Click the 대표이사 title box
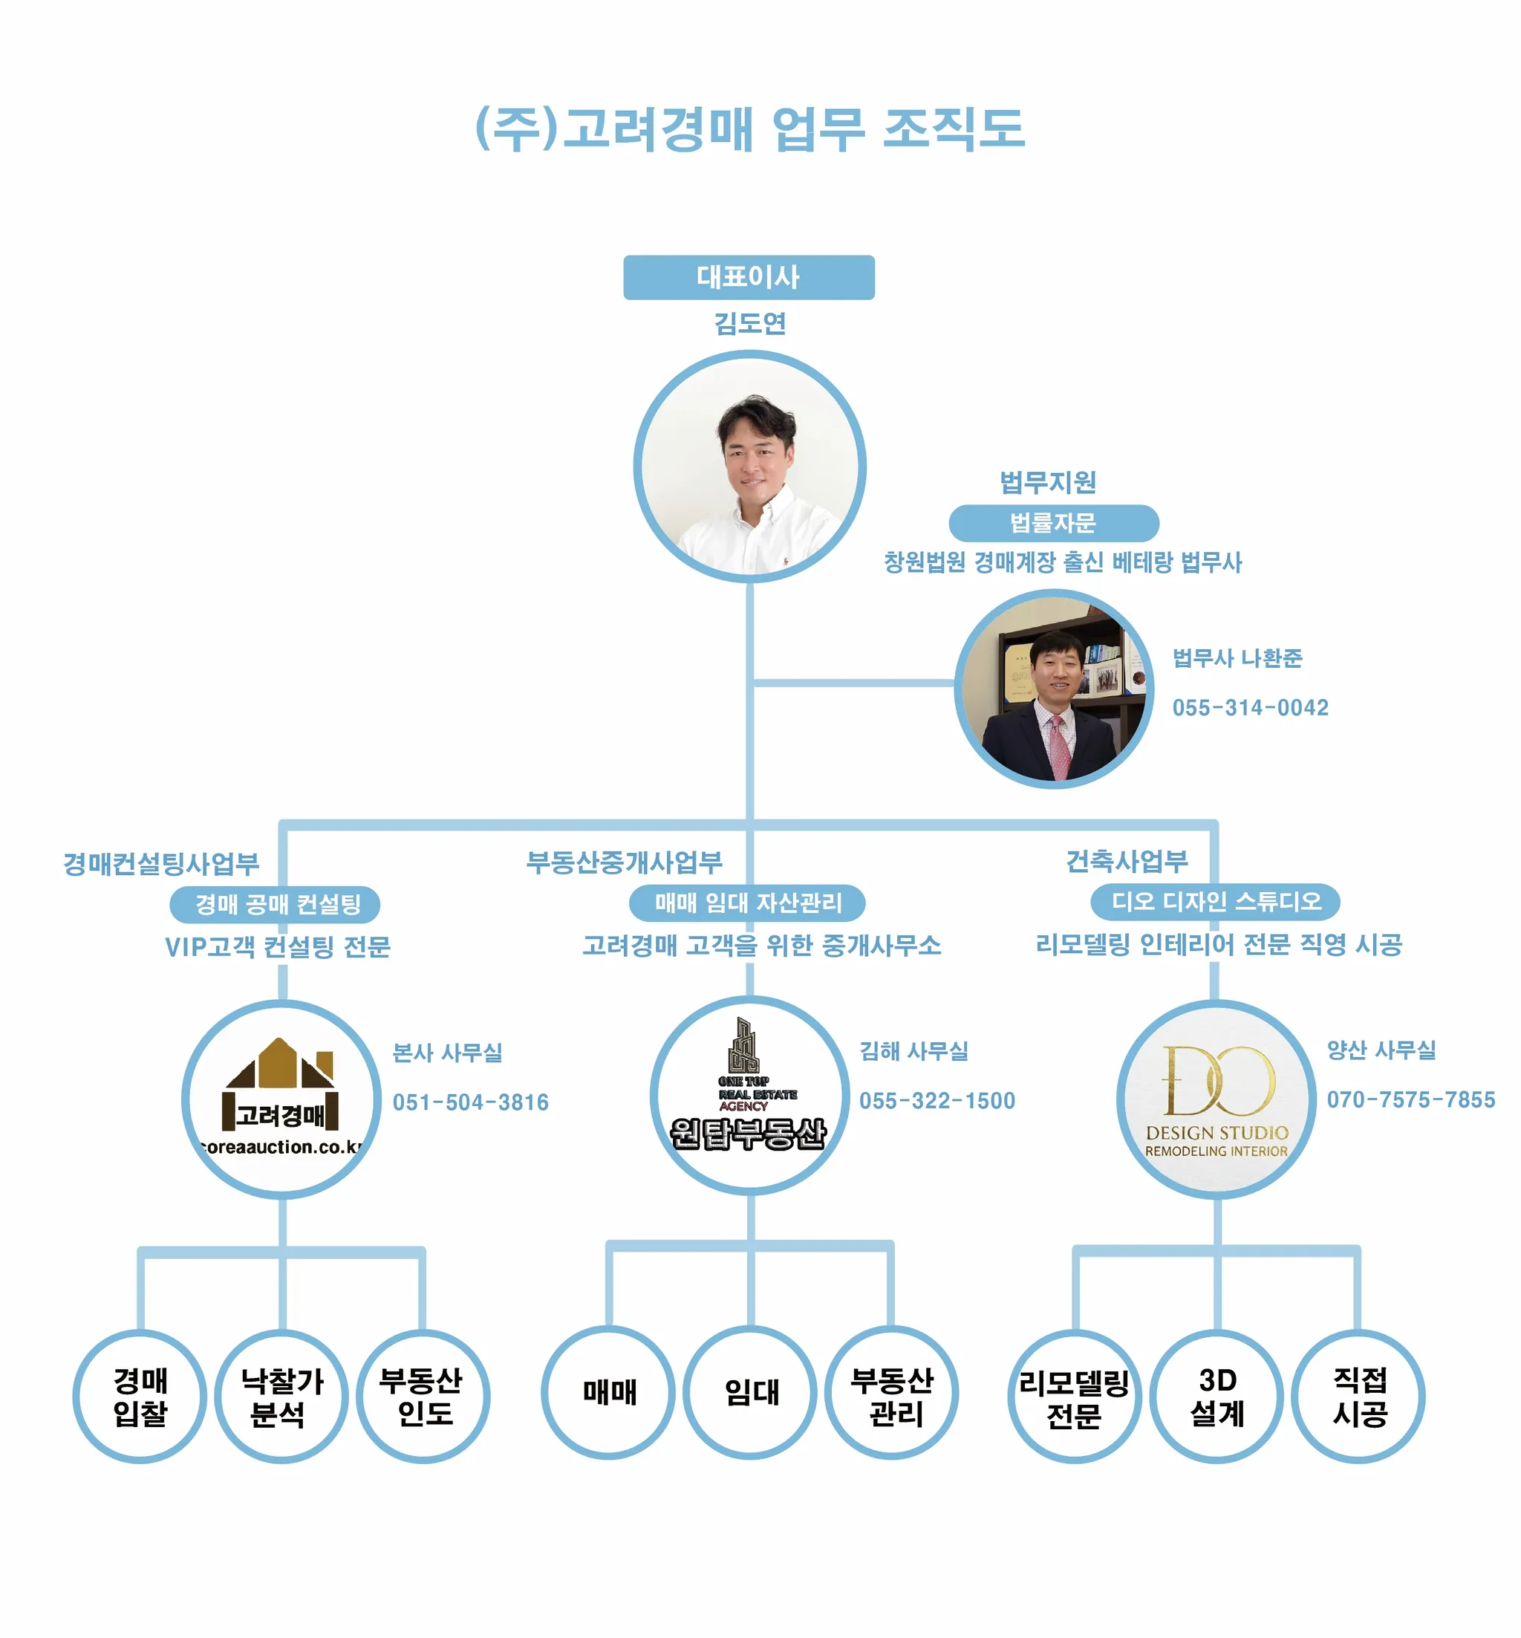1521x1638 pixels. point(748,277)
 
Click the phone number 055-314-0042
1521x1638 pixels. point(1249,708)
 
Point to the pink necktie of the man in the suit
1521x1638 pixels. point(1058,745)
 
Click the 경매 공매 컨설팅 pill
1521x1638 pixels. point(277,905)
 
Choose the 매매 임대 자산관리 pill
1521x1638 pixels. point(747,903)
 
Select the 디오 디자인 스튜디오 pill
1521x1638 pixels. point(1216,901)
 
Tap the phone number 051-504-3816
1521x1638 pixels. point(470,1102)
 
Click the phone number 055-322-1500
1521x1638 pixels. point(937,1100)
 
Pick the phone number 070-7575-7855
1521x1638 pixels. point(1410,1099)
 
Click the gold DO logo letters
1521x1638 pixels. point(1217,1081)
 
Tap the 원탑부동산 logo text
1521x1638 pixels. point(747,1134)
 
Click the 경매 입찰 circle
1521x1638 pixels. point(140,1397)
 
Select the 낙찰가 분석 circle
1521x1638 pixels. point(281,1397)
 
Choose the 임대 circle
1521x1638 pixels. point(751,1392)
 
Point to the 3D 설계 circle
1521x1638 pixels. point(1217,1396)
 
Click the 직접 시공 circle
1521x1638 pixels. point(1359,1396)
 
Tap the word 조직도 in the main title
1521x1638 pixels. point(953,129)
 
